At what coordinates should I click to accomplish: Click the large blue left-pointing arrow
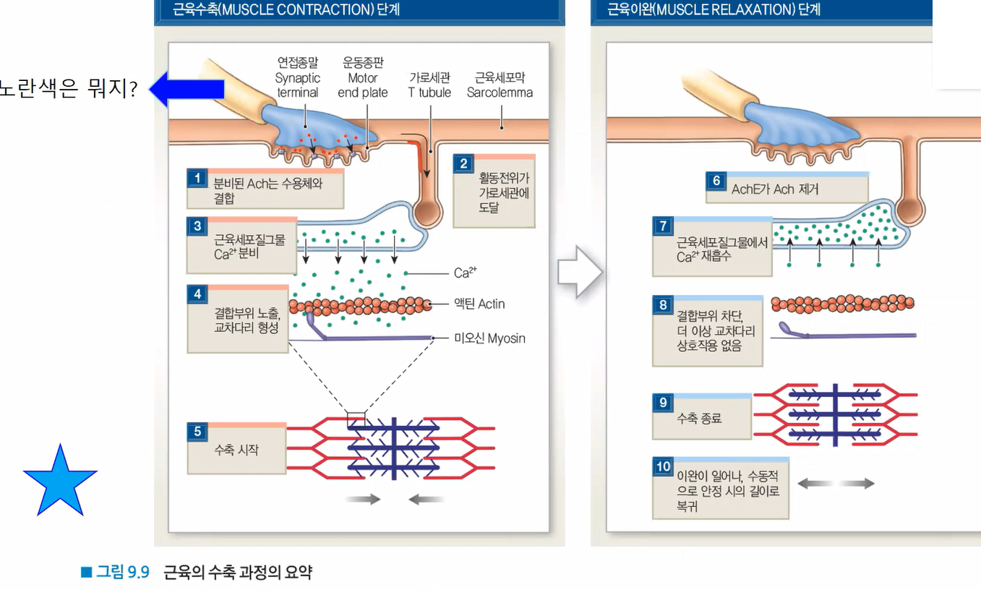click(x=187, y=89)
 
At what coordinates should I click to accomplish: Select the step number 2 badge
click(x=463, y=164)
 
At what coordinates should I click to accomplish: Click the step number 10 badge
click(x=663, y=466)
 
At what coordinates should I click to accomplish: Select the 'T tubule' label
click(x=429, y=85)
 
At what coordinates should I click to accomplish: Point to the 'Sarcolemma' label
click(x=500, y=85)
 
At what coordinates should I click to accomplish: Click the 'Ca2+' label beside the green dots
click(x=465, y=273)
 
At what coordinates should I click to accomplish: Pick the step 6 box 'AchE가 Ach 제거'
click(x=786, y=189)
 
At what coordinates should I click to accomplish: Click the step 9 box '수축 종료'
click(x=701, y=417)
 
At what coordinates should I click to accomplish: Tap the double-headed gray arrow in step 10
click(x=836, y=483)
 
